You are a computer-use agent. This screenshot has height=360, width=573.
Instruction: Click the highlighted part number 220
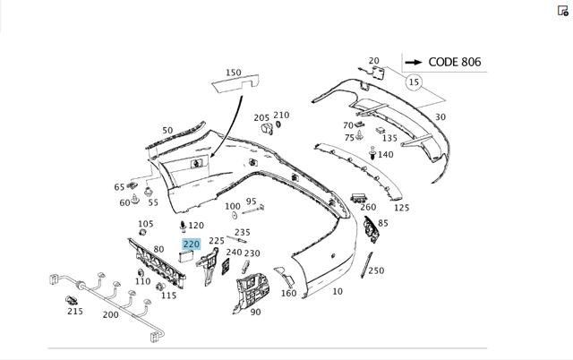[191, 244]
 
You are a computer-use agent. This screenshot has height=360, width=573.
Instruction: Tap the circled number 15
[414, 82]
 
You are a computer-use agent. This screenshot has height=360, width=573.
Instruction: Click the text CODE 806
[455, 62]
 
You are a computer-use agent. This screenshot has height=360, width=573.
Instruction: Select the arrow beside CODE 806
[414, 63]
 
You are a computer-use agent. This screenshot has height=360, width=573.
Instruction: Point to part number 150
[233, 73]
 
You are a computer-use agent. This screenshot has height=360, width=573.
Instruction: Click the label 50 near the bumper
[167, 131]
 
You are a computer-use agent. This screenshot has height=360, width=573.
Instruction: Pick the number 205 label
[261, 118]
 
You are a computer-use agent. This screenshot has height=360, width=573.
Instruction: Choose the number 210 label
[281, 116]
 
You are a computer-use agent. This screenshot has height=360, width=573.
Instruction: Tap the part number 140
[385, 155]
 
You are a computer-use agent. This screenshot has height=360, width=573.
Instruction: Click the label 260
[368, 208]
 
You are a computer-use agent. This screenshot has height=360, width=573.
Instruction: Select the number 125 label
[401, 208]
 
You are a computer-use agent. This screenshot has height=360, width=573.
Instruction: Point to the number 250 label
[376, 270]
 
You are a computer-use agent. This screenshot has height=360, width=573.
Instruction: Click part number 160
[288, 293]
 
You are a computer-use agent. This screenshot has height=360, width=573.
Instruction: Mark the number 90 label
[255, 313]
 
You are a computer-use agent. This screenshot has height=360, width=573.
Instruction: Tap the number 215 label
[75, 312]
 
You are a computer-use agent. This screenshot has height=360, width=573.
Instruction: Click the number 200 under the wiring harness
[110, 315]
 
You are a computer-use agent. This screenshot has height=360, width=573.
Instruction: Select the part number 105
[145, 224]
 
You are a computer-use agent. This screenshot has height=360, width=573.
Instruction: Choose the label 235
[242, 233]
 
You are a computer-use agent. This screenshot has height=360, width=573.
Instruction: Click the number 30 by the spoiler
[440, 117]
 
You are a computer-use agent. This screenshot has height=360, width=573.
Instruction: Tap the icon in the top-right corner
[563, 11]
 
